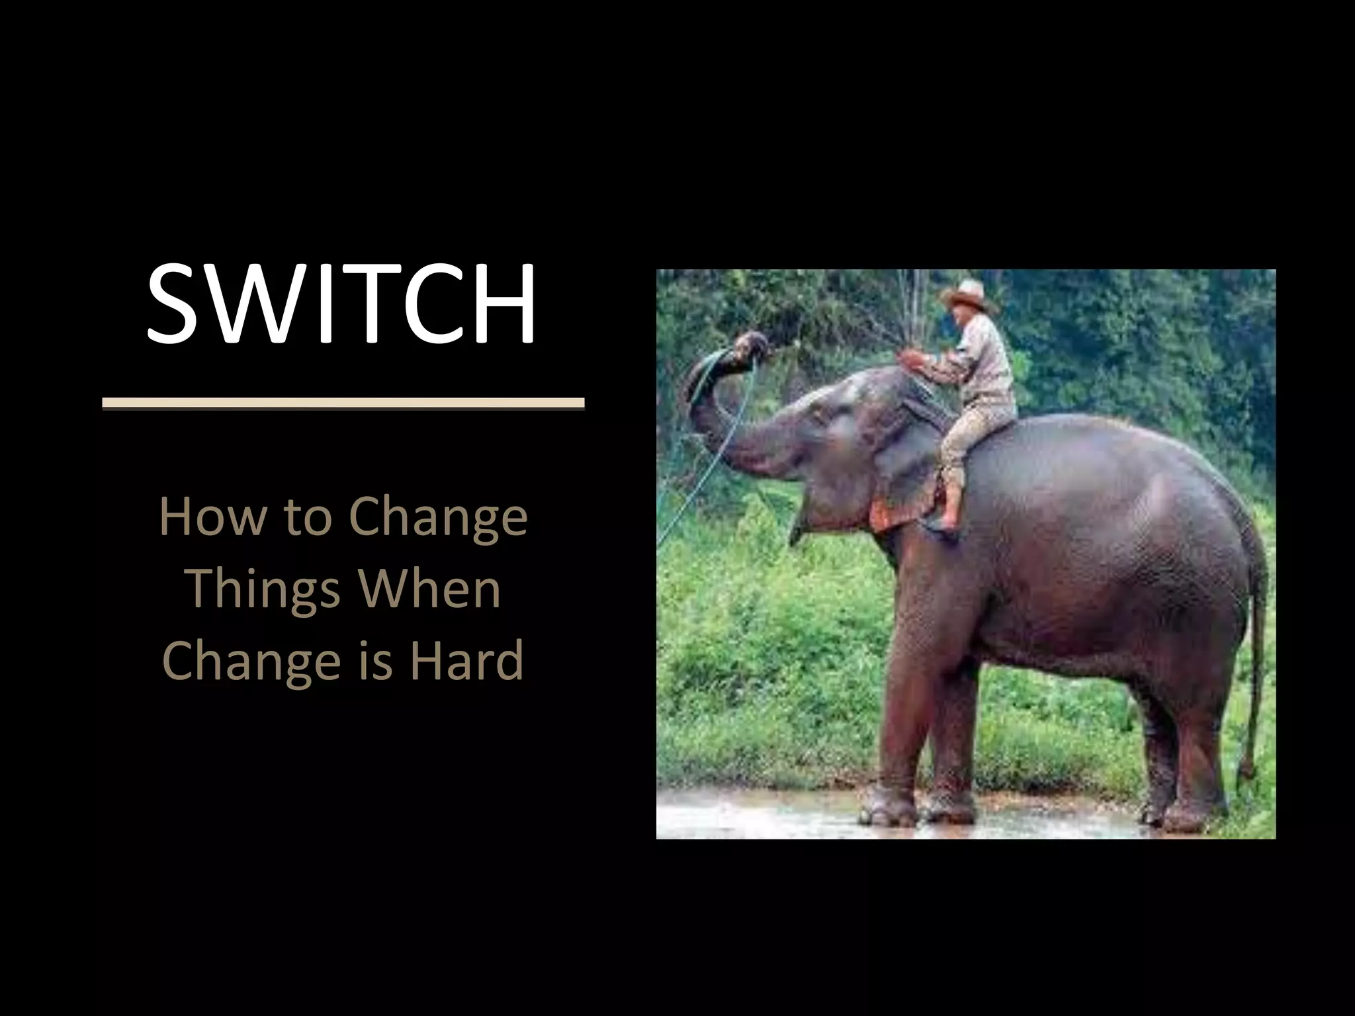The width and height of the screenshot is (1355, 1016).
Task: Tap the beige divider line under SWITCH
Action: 343,403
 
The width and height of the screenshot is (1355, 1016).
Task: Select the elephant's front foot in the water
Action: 890,807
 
